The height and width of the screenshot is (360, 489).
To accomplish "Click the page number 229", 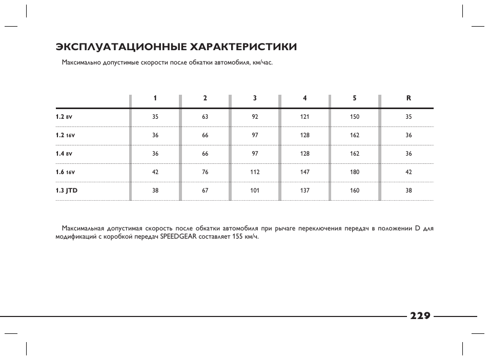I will point(420,315).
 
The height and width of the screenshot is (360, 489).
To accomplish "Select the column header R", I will point(409,98).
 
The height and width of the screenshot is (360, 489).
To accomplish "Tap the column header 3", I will point(255,98).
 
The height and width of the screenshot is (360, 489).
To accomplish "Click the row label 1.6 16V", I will point(65,172).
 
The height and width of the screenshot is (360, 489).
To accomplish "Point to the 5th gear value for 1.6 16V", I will point(355,172).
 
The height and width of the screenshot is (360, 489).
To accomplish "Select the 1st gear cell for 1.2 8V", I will point(155,117).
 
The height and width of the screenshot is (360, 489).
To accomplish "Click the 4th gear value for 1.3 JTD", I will point(305,190).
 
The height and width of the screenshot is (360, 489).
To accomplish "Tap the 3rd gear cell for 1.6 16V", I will point(255,172).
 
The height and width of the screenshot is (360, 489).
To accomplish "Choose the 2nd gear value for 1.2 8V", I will point(205,117).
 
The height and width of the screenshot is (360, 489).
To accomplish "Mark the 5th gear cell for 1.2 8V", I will point(355,117).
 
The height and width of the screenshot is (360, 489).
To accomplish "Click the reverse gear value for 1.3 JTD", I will point(409,190).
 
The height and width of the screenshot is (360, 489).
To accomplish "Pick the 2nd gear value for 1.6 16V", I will point(205,172).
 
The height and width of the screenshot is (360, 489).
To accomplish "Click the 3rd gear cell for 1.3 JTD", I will point(255,190).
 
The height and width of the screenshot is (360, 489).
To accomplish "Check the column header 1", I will point(155,98).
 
